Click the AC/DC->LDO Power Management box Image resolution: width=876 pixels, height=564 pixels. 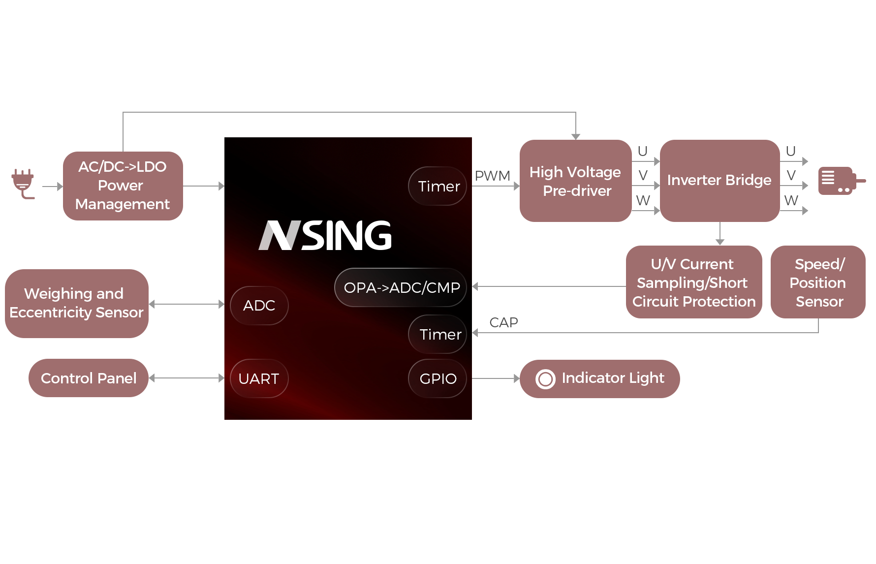click(123, 186)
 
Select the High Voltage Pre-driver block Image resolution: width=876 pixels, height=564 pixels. click(575, 181)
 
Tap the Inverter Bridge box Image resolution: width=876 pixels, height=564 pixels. click(719, 181)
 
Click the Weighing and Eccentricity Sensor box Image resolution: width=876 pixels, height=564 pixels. click(76, 303)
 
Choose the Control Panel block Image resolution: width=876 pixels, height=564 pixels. click(88, 377)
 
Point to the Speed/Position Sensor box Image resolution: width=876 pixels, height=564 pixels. click(817, 282)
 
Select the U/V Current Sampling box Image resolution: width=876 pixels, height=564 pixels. click(693, 282)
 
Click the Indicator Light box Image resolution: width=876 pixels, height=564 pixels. click(599, 378)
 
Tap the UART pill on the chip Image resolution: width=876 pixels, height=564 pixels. click(259, 378)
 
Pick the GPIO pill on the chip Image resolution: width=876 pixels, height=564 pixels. click(438, 378)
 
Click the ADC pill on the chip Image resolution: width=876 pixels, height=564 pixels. click(259, 306)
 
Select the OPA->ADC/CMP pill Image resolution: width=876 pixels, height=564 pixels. click(401, 287)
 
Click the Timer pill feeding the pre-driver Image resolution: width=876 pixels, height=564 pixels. click(438, 186)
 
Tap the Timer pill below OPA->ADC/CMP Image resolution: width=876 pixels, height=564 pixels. click(438, 334)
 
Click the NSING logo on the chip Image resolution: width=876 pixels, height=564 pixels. click(325, 235)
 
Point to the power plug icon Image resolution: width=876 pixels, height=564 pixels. click(23, 184)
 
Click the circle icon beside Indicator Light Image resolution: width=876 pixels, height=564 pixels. click(545, 379)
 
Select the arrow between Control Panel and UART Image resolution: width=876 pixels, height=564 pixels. click(186, 378)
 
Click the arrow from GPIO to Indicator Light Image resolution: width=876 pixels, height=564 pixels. click(495, 378)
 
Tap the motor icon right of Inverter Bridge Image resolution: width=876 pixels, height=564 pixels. click(842, 181)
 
